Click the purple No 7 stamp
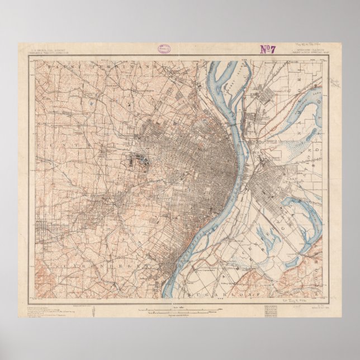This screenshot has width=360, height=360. [268, 49]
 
